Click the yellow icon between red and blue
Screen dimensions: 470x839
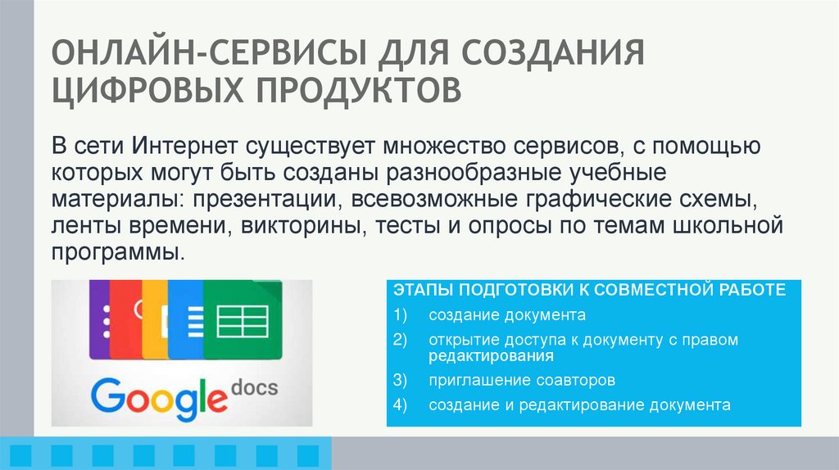pyautogui.click(x=156, y=319)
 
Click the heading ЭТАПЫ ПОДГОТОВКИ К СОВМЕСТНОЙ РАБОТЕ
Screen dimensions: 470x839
pyautogui.click(x=590, y=291)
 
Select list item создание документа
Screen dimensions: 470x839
pyautogui.click(x=506, y=315)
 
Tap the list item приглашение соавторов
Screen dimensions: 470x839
pyautogui.click(x=520, y=381)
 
